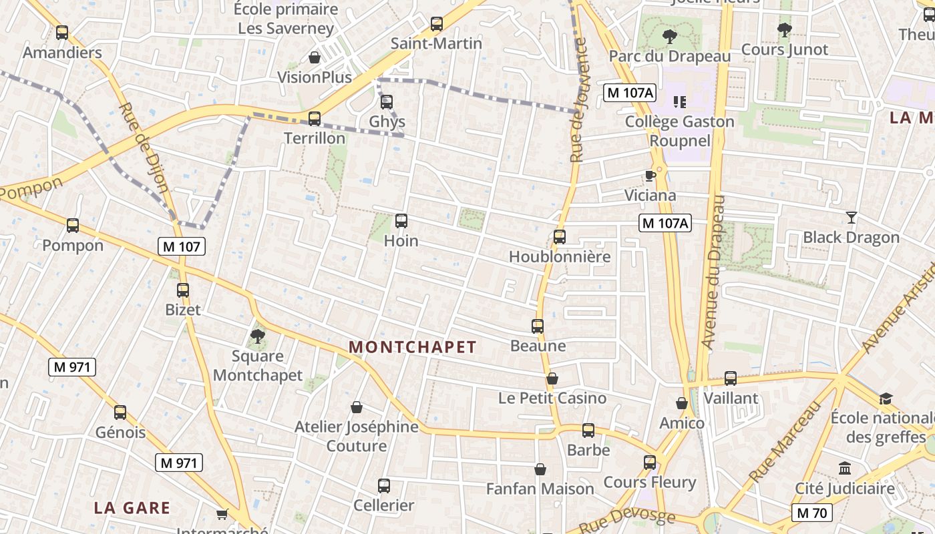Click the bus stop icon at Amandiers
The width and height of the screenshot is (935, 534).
click(x=62, y=32)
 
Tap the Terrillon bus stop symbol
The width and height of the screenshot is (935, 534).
click(x=315, y=119)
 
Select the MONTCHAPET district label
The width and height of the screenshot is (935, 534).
click(x=413, y=347)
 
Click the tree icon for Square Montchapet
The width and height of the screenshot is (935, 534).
click(x=258, y=336)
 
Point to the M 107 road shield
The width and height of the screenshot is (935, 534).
click(x=182, y=246)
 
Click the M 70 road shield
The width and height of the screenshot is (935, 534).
click(x=812, y=513)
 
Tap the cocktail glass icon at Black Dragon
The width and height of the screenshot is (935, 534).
click(x=851, y=217)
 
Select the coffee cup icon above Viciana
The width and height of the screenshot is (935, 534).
click(x=650, y=176)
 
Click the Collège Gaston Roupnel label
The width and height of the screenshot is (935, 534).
click(x=679, y=131)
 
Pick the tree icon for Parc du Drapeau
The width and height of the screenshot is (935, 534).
click(x=669, y=37)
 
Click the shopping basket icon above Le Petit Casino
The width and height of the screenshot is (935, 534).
click(x=552, y=378)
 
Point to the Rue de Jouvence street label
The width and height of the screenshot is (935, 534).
click(x=578, y=100)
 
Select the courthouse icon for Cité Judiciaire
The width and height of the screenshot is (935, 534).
click(x=845, y=468)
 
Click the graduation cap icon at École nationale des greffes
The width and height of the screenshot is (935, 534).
click(x=886, y=398)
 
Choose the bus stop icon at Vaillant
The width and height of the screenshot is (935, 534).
click(x=731, y=378)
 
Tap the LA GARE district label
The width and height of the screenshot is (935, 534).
click(x=132, y=507)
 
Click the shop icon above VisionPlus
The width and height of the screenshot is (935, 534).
click(x=315, y=57)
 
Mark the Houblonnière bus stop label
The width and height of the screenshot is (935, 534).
click(x=560, y=257)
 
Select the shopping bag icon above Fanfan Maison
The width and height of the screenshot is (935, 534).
click(x=540, y=469)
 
